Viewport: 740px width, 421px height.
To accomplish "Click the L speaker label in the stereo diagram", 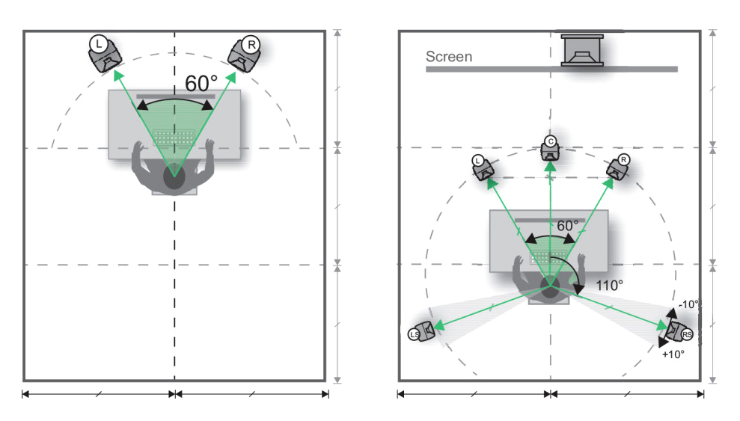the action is click(98, 44).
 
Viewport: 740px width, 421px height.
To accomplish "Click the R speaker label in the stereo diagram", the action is click(251, 45).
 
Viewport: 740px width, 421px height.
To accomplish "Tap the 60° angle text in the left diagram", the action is click(201, 84).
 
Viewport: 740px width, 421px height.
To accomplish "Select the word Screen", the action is click(449, 57).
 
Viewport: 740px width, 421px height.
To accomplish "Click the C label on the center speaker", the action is click(550, 141).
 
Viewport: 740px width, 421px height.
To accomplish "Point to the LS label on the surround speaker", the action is click(414, 335).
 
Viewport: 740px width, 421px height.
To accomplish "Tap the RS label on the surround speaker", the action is click(687, 335).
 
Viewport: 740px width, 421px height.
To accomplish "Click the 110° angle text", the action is click(609, 285).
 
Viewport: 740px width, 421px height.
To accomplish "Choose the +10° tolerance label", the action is click(673, 354).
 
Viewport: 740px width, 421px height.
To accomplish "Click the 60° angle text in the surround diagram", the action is click(568, 226).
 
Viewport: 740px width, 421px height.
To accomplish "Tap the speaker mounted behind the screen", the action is click(582, 50).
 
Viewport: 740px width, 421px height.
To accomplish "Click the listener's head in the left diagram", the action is click(174, 177).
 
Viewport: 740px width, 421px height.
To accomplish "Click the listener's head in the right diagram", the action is click(550, 289).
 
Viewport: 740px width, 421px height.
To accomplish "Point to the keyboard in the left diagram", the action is click(174, 138).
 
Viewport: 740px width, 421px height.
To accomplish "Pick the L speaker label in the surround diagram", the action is click(477, 161).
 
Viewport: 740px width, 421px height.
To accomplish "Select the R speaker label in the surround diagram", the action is click(623, 160).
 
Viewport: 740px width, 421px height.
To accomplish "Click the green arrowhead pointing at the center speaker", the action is click(550, 167).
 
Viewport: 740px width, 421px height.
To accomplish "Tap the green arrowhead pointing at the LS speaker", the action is click(438, 325).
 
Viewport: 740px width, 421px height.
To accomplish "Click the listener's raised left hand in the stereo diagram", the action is click(138, 150).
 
